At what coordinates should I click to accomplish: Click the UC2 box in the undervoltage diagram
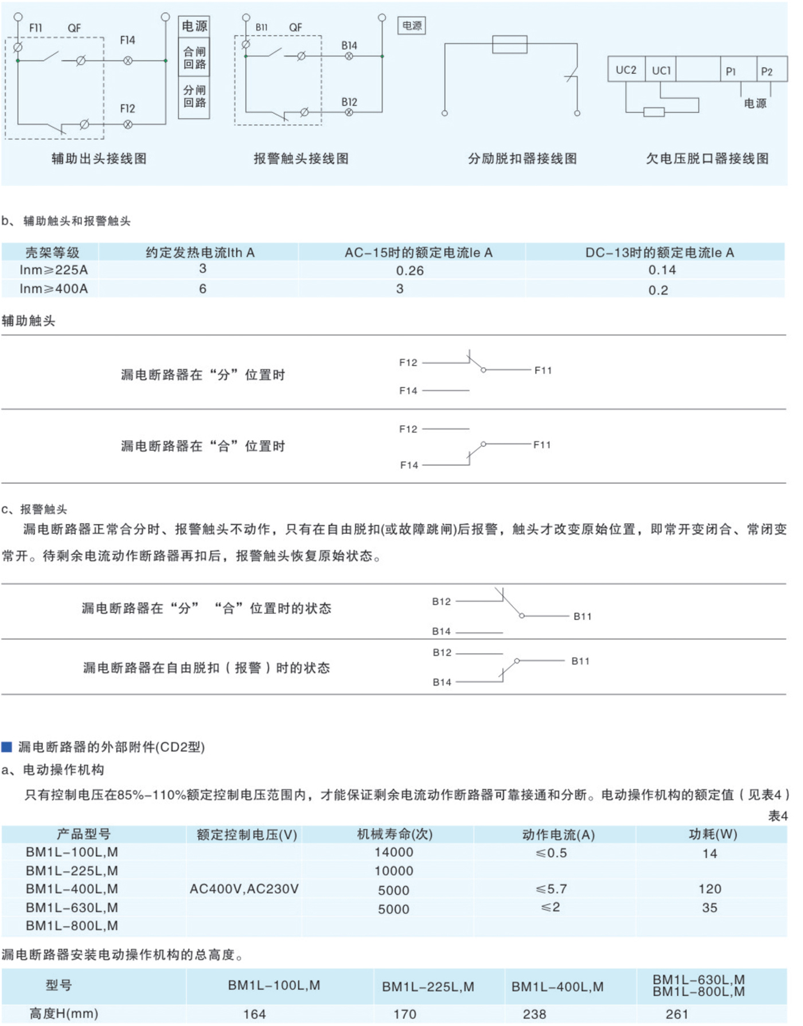pyautogui.click(x=626, y=70)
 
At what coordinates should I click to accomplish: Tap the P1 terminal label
pyautogui.click(x=730, y=71)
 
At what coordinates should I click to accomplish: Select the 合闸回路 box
pyautogui.click(x=194, y=57)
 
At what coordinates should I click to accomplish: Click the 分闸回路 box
pyautogui.click(x=194, y=96)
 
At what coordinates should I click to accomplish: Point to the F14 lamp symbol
pyautogui.click(x=128, y=60)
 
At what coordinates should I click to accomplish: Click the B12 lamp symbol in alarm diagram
pyautogui.click(x=349, y=112)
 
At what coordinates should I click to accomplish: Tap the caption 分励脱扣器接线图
pyautogui.click(x=522, y=158)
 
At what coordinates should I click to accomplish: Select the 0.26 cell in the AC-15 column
pyautogui.click(x=410, y=270)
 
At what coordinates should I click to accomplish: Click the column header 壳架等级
pyautogui.click(x=52, y=252)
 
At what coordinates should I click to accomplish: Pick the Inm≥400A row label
pyautogui.click(x=53, y=289)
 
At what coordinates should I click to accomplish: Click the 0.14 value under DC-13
pyautogui.click(x=662, y=270)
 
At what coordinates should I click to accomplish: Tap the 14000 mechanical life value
pyautogui.click(x=393, y=852)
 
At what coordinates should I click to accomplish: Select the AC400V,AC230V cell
pyautogui.click(x=244, y=889)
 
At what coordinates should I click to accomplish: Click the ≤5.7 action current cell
pyautogui.click(x=551, y=889)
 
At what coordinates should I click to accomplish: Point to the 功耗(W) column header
pyautogui.click(x=712, y=834)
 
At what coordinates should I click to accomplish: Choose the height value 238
pyautogui.click(x=534, y=1014)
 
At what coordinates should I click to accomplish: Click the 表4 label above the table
pyautogui.click(x=777, y=815)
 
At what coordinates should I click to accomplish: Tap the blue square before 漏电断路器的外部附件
pyautogui.click(x=7, y=747)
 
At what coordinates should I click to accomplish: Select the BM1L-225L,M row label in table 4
pyautogui.click(x=72, y=870)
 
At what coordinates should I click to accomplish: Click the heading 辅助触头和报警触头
pyautogui.click(x=76, y=221)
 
